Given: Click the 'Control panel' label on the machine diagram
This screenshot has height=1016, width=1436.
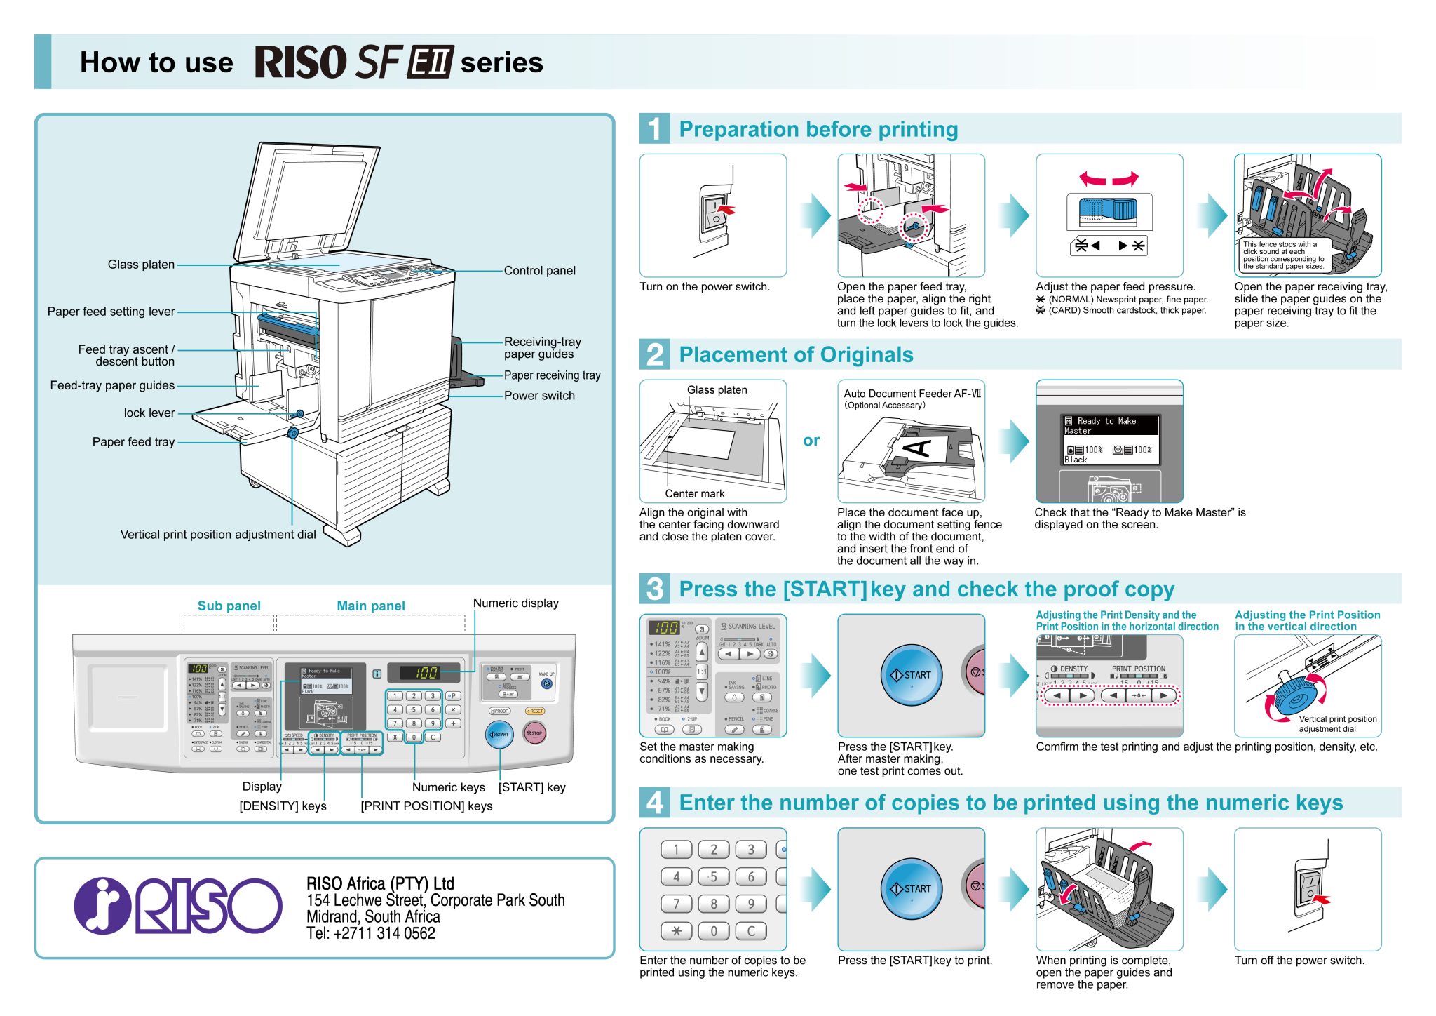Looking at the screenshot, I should (539, 271).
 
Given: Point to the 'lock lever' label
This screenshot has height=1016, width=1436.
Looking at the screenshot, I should (149, 413).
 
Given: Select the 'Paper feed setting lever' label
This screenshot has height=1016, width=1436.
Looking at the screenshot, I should (111, 312).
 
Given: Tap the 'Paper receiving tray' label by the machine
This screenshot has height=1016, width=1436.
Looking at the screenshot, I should (552, 375).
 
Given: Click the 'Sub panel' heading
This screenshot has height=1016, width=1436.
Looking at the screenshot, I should (229, 606).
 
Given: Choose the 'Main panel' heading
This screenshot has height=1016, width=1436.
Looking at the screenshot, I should (371, 606).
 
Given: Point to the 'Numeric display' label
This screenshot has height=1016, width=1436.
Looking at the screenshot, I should (515, 603).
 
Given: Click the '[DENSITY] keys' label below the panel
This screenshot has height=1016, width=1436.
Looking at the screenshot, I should (283, 806).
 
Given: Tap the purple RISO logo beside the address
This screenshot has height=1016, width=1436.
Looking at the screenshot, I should (178, 907).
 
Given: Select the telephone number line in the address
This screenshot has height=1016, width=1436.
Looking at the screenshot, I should (370, 933).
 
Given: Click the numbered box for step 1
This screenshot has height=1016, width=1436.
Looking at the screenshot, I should (654, 128).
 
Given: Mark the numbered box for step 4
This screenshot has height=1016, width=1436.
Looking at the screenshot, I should (654, 802).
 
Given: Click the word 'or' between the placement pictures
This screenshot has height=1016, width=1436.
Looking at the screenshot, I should (811, 441).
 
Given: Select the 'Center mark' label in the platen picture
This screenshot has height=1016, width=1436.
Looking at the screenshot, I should (694, 493).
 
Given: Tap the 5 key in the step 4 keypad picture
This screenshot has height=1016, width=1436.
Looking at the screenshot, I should (713, 876).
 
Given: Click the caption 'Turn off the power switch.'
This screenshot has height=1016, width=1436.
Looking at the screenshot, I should (1299, 960).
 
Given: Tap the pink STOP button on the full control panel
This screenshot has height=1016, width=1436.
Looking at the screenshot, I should (534, 733).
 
